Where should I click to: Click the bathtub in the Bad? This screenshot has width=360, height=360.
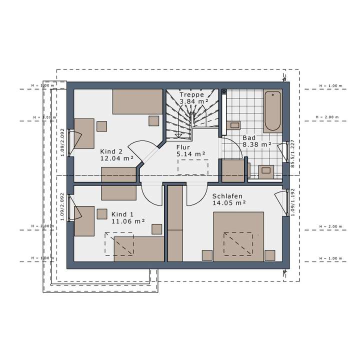click(273, 110)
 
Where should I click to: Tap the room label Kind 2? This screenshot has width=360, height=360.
click(111, 151)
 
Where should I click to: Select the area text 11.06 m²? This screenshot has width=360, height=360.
click(128, 220)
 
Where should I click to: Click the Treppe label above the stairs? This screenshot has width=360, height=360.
click(192, 94)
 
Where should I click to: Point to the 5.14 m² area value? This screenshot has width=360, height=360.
click(191, 154)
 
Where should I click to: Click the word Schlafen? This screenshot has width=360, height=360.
click(227, 196)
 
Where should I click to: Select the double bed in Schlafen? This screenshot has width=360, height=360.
click(238, 236)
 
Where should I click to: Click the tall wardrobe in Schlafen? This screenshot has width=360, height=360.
click(174, 223)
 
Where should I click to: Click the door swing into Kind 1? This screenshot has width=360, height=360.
click(151, 192)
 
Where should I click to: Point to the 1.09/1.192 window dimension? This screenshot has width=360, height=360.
click(293, 202)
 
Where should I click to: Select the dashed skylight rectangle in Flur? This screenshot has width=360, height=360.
click(192, 167)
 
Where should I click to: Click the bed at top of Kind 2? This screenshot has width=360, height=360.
click(137, 101)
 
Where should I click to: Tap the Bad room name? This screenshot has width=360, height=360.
click(249, 137)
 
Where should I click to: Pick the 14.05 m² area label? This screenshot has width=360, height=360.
click(229, 203)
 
